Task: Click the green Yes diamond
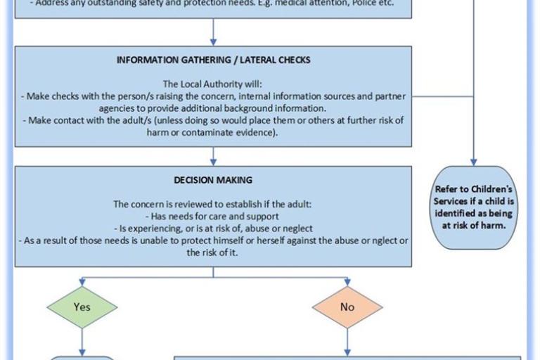click(x=82, y=307)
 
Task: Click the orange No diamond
click(x=347, y=307)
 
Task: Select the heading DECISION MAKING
click(x=212, y=181)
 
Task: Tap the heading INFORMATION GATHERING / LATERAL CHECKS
click(x=213, y=60)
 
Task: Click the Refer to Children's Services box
click(x=474, y=207)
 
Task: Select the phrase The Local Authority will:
click(x=213, y=84)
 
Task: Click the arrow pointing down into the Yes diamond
click(x=82, y=282)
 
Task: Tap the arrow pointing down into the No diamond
click(x=347, y=282)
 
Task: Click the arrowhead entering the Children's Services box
click(x=474, y=162)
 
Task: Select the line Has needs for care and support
click(x=213, y=217)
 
